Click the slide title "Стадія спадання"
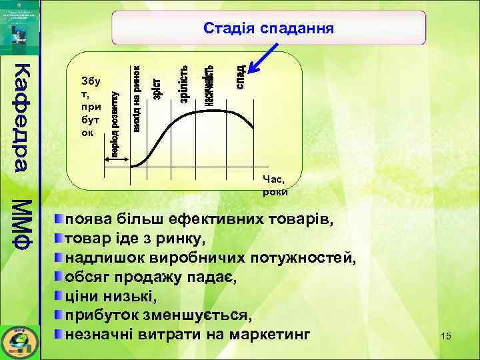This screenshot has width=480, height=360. click(x=268, y=28)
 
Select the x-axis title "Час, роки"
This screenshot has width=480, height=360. click(x=275, y=185)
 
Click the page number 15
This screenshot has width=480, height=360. click(x=446, y=336)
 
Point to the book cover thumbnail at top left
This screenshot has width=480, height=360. click(x=21, y=24)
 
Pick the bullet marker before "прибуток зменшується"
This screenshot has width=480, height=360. click(x=60, y=315)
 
